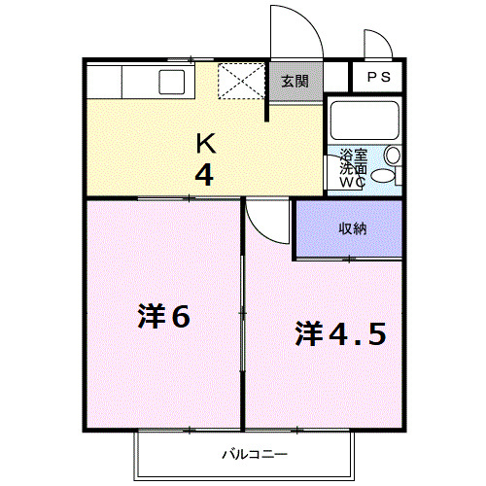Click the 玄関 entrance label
coord(295,82)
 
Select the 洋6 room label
coord(162,318)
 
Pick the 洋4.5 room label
coord(340,333)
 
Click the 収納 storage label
coord(352,228)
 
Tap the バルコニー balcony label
coord(249,453)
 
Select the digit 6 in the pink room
coord(180,318)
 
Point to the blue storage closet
coord(348,229)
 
